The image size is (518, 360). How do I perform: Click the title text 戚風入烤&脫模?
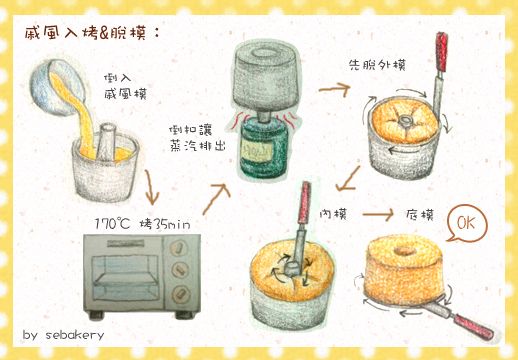point(91,34)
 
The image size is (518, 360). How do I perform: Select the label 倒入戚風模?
point(124,86)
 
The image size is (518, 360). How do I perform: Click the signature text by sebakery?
point(68,334)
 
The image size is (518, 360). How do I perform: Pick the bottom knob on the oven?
point(180,295)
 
